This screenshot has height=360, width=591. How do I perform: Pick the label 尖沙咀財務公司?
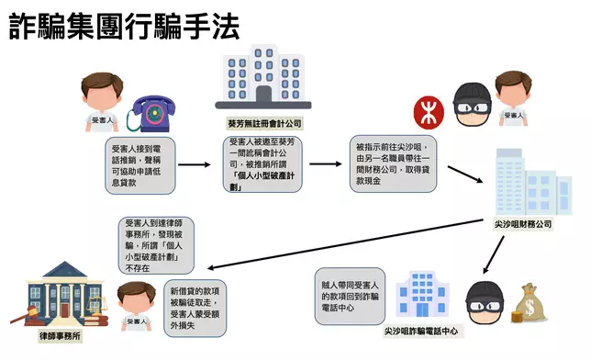(x=519, y=222)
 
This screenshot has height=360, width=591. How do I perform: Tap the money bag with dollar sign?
(x=530, y=302)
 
